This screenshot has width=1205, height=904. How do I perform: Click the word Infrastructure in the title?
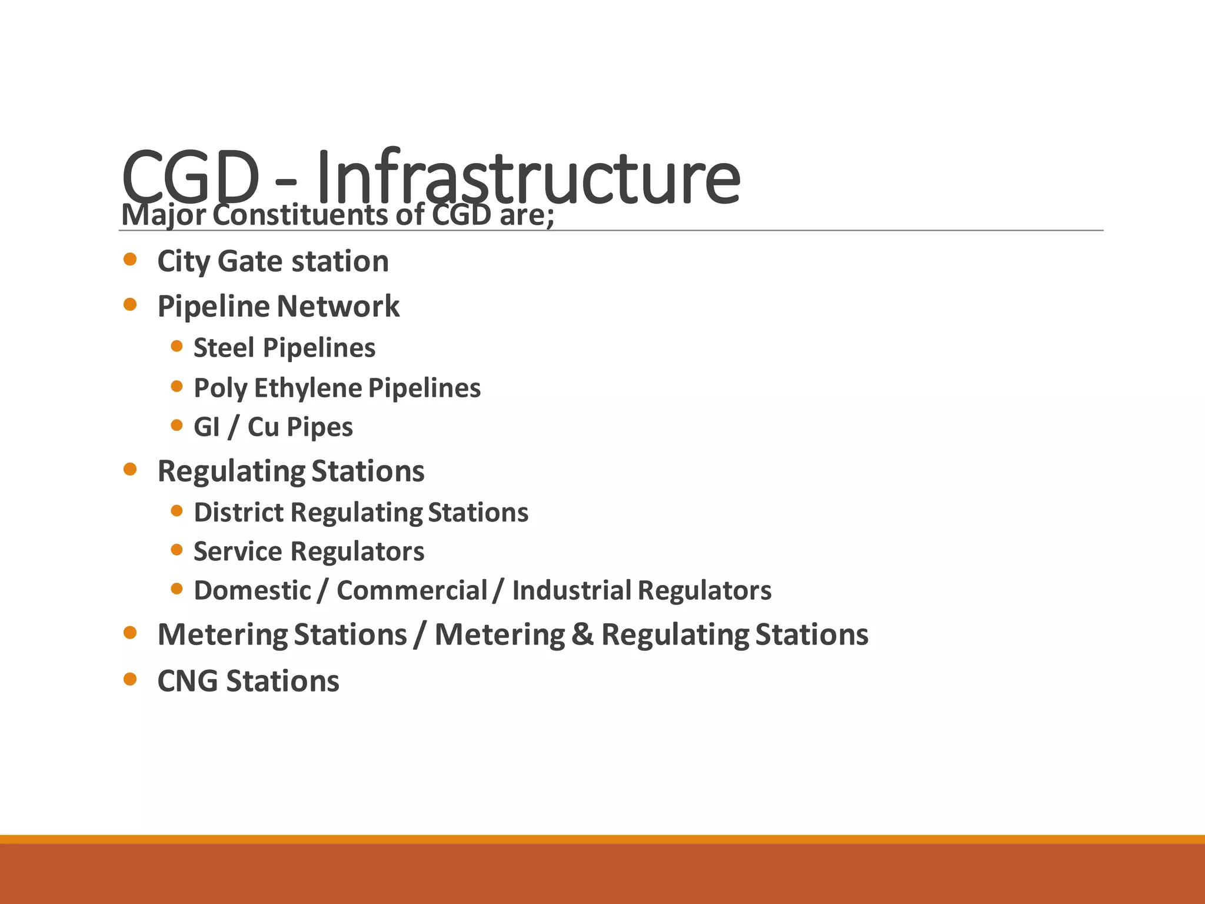(x=528, y=177)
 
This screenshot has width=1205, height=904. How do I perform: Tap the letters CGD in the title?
(x=190, y=177)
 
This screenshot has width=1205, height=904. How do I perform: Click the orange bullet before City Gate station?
(x=130, y=260)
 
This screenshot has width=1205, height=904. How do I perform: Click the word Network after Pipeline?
(x=338, y=306)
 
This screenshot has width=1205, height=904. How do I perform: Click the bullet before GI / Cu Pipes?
(x=177, y=425)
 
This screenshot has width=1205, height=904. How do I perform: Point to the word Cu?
(x=263, y=427)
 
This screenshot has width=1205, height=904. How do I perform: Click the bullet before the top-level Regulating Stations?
(x=130, y=469)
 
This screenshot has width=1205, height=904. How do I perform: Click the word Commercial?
(x=412, y=590)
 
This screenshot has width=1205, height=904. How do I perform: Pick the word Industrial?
(x=571, y=590)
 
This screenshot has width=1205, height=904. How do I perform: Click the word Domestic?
(x=252, y=590)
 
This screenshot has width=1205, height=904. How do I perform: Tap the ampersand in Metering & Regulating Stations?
(x=582, y=634)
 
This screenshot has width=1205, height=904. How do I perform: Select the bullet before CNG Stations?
(x=130, y=680)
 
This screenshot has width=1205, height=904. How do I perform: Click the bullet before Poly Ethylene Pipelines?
(x=177, y=386)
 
